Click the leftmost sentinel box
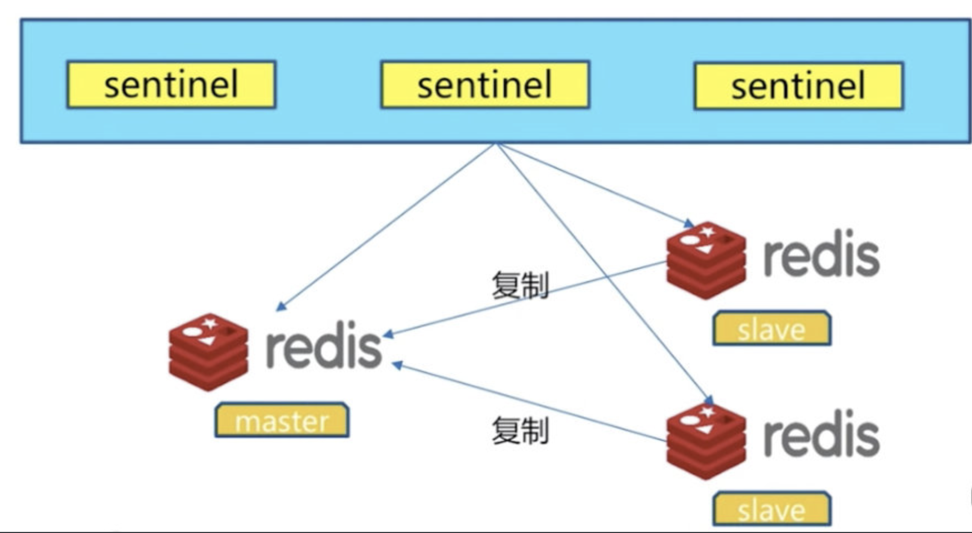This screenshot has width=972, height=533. [x=171, y=84]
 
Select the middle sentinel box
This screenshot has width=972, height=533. [x=484, y=84]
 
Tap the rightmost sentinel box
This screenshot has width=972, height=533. [x=798, y=86]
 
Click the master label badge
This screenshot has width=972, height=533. [x=282, y=420]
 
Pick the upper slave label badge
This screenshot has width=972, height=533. [x=771, y=329]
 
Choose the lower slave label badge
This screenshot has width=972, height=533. [x=771, y=509]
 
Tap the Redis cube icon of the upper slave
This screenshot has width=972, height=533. [x=706, y=260]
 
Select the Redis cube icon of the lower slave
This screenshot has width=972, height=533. [x=706, y=441]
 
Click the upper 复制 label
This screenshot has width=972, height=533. [x=520, y=285]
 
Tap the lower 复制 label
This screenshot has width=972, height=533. [x=520, y=431]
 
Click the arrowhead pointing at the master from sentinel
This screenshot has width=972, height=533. [x=281, y=306]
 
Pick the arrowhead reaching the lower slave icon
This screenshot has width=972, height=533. [x=709, y=400]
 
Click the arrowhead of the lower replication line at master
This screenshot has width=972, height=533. [x=397, y=365]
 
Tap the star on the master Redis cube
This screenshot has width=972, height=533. [x=209, y=323]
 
